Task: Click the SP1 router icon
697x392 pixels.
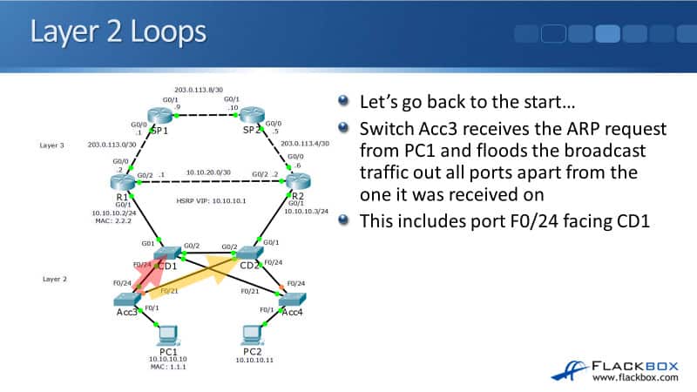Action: point(159,116)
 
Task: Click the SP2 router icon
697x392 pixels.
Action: point(253,116)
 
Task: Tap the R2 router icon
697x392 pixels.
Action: point(294,183)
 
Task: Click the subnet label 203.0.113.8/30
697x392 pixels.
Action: point(206,89)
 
